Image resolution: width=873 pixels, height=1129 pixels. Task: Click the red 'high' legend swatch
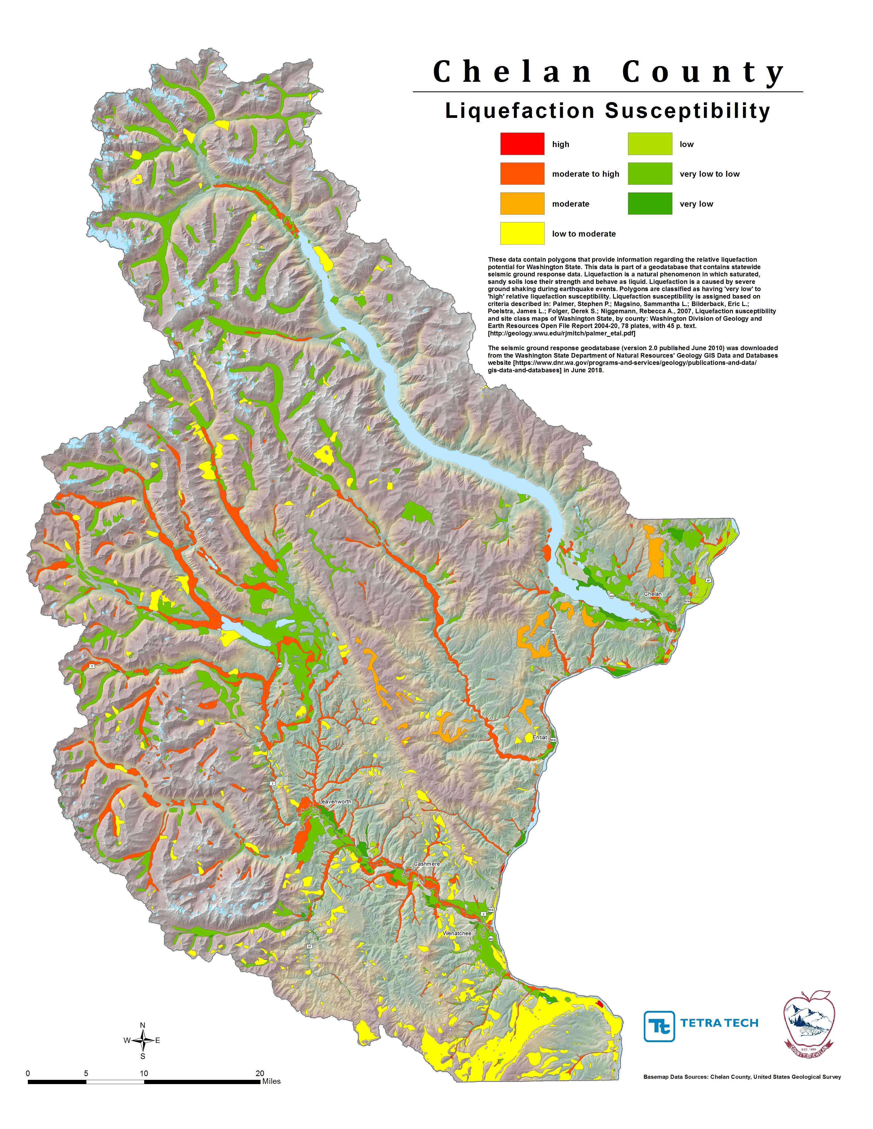click(522, 144)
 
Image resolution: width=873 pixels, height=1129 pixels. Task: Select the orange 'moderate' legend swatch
click(522, 203)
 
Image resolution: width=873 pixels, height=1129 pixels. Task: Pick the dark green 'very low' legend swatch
click(650, 203)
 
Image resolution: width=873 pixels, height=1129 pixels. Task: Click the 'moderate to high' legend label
click(585, 174)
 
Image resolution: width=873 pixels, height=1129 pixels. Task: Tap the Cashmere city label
click(427, 864)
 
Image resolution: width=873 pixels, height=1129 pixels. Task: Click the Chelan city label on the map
click(653, 594)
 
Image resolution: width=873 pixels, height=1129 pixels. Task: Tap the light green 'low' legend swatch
click(650, 144)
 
